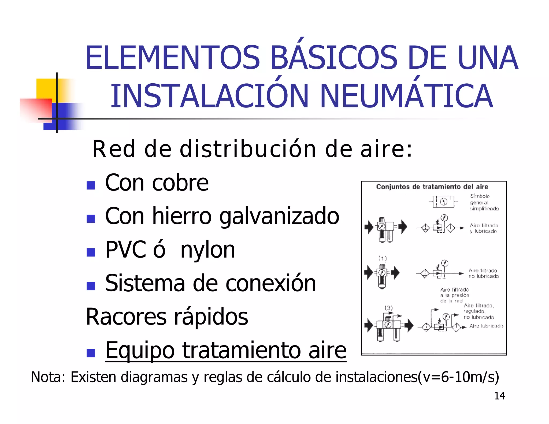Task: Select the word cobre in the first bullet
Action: [x=180, y=183]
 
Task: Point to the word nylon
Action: [x=208, y=250]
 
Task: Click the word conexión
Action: [x=271, y=283]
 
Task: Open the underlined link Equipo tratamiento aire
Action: [x=226, y=350]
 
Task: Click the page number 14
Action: [x=500, y=396]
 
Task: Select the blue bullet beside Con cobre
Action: [x=91, y=185]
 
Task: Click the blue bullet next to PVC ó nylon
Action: [x=91, y=252]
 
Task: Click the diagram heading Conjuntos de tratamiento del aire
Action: [x=432, y=187]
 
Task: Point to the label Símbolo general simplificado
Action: [x=484, y=202]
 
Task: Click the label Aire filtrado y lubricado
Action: [x=484, y=228]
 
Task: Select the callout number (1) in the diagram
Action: [x=383, y=258]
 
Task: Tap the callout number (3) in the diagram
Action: [x=388, y=308]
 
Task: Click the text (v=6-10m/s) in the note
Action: [x=458, y=377]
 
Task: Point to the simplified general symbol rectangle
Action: [x=443, y=202]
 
